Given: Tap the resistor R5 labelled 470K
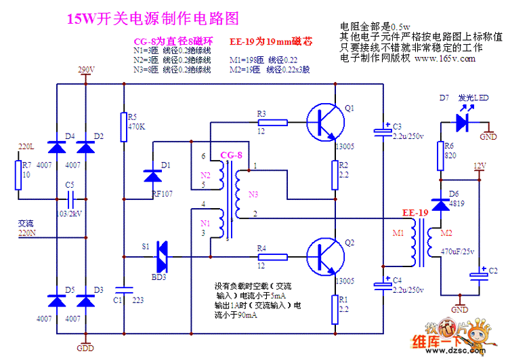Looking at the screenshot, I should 123,127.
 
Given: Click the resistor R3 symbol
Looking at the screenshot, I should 272,123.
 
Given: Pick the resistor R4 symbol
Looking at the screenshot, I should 272,257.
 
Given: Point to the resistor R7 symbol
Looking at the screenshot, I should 18,175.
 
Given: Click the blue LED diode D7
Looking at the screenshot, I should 463,123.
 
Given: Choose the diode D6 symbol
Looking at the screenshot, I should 440,203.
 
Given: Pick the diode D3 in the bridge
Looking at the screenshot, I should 85,299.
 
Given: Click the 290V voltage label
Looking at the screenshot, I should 86,70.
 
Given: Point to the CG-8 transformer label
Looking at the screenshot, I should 231,155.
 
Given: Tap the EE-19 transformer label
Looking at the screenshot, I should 415,214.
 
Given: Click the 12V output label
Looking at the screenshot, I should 480,166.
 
